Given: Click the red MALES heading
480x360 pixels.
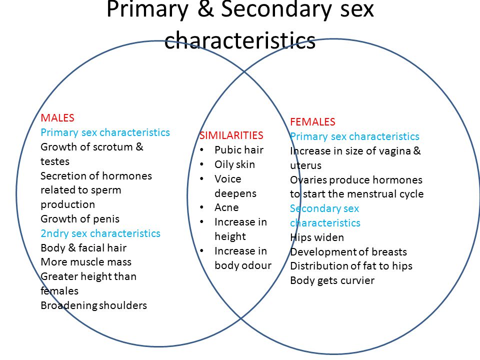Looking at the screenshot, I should (57, 118).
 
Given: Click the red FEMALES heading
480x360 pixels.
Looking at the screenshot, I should (312, 122).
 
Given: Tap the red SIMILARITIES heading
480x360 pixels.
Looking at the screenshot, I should (231, 135).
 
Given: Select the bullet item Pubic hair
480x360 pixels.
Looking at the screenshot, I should (238, 150).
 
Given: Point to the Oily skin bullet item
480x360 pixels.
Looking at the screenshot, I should (234, 164).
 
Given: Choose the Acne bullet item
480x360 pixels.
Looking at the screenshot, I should (226, 207).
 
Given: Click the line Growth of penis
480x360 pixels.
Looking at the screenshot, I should (80, 219).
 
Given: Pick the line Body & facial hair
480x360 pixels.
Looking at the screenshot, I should (83, 248).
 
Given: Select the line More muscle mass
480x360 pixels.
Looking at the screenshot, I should (86, 262).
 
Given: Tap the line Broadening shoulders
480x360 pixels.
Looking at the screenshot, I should (93, 305).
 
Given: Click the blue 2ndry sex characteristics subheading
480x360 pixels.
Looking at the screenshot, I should (100, 233).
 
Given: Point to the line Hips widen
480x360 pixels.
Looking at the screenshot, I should (317, 237).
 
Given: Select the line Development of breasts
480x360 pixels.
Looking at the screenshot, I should (348, 252).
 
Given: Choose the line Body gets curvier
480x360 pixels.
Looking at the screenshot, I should (332, 280).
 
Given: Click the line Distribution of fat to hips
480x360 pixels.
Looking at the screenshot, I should (351, 266).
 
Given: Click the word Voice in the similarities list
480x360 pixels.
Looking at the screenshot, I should (227, 179).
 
